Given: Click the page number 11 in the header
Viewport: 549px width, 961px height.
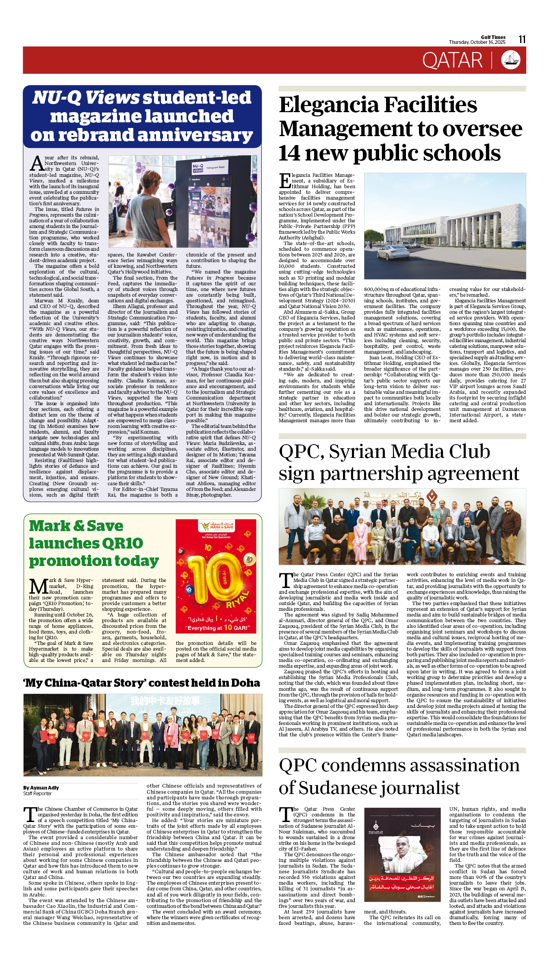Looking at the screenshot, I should pyautogui.click(x=522, y=39).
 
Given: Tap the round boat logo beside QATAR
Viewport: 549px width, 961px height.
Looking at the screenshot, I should pyautogui.click(x=510, y=60).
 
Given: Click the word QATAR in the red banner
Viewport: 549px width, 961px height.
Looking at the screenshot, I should pyautogui.click(x=452, y=61).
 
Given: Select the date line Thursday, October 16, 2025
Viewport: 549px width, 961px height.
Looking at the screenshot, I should pyautogui.click(x=477, y=42).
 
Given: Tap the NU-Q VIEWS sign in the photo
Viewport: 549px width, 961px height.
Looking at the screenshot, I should pyautogui.click(x=198, y=168).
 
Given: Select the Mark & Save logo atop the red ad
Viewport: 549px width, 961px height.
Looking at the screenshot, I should pyautogui.click(x=216, y=527).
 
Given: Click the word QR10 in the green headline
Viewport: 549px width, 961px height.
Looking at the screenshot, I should pyautogui.click(x=122, y=543).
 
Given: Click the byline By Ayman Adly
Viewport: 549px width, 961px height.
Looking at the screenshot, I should pyautogui.click(x=41, y=787).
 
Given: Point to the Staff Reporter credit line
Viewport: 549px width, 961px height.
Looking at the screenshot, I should pyautogui.click(x=37, y=793).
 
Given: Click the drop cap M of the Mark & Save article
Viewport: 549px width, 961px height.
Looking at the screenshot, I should pyautogui.click(x=39, y=586).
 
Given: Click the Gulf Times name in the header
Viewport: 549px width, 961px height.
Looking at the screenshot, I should pyautogui.click(x=493, y=37).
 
